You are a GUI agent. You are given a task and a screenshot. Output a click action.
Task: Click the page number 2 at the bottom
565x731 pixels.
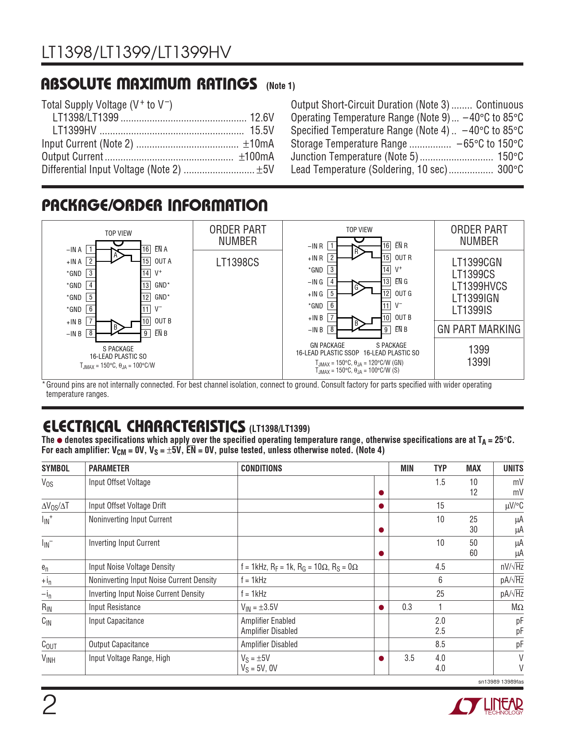pyautogui.click(x=49, y=705)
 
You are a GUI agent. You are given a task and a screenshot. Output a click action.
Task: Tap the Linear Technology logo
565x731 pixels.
pyautogui.click(x=486, y=706)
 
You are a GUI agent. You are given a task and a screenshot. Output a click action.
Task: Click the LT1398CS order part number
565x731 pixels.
pyautogui.click(x=238, y=263)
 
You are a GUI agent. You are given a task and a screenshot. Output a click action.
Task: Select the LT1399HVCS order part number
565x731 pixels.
pyautogui.click(x=479, y=287)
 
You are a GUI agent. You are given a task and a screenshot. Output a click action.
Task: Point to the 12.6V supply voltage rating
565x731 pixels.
pyautogui.click(x=262, y=118)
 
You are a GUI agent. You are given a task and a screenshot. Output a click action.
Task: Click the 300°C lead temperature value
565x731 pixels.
pyautogui.click(x=510, y=170)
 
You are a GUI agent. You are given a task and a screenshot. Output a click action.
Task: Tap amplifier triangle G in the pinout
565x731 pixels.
pyautogui.click(x=357, y=288)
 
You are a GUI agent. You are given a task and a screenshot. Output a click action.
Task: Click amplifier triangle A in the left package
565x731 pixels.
pyautogui.click(x=117, y=255)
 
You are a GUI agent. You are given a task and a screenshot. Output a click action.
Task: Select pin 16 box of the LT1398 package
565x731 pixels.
pyautogui.click(x=146, y=249)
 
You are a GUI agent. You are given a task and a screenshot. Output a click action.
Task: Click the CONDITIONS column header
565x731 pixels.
pyautogui.click(x=261, y=468)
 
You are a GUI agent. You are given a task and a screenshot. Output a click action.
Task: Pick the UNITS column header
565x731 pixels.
pyautogui.click(x=513, y=468)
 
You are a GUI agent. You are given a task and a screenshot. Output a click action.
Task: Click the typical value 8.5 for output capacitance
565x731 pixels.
pyautogui.click(x=440, y=645)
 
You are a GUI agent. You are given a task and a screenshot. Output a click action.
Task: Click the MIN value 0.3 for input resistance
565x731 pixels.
pyautogui.click(x=407, y=607)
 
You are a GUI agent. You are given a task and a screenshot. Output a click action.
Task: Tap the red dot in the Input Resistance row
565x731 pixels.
pyautogui.click(x=381, y=608)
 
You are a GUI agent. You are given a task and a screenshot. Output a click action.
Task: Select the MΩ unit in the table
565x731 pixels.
pyautogui.click(x=517, y=607)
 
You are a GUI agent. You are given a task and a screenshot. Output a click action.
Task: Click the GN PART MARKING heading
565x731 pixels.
pyautogui.click(x=479, y=329)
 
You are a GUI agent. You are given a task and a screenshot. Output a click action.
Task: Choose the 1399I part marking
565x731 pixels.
pyautogui.click(x=479, y=362)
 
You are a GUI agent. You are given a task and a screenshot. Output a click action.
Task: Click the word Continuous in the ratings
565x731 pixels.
pyautogui.click(x=499, y=105)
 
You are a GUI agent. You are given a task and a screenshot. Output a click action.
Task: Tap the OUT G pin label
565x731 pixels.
pyautogui.click(x=403, y=294)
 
